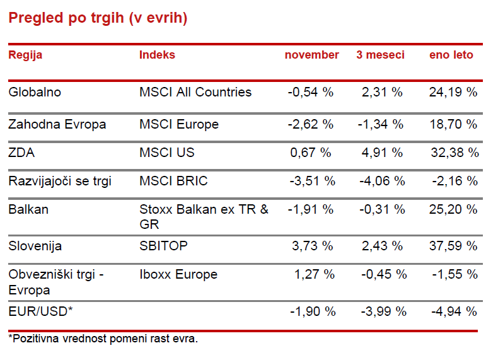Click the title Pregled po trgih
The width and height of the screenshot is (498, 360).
tap(98, 18)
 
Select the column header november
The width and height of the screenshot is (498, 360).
tap(311, 55)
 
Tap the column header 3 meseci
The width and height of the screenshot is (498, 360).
tap(380, 55)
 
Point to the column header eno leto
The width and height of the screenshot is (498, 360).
tap(451, 55)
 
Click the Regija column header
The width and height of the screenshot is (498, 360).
tap(25, 55)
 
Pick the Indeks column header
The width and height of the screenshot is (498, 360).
tap(157, 55)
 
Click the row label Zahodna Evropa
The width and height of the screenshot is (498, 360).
tap(57, 124)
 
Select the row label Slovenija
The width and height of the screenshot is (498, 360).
tap(35, 246)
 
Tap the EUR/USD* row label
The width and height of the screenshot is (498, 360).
tap(39, 311)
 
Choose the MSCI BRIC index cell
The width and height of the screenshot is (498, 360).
tap(173, 182)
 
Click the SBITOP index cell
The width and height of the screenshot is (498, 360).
tap(163, 246)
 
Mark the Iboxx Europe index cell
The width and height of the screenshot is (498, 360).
tap(178, 274)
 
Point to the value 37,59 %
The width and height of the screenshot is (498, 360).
tap(454, 246)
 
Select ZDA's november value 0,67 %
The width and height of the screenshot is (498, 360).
tap(311, 153)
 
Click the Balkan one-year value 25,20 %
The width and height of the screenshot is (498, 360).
tap(454, 209)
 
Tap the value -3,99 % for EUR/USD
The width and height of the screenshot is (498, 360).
tap(383, 311)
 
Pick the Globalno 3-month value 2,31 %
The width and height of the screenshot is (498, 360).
tap(382, 92)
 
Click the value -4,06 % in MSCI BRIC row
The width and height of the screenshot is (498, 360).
tap(383, 182)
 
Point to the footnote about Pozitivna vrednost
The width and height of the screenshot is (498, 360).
tap(103, 339)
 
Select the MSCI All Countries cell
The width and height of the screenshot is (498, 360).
tap(195, 92)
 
